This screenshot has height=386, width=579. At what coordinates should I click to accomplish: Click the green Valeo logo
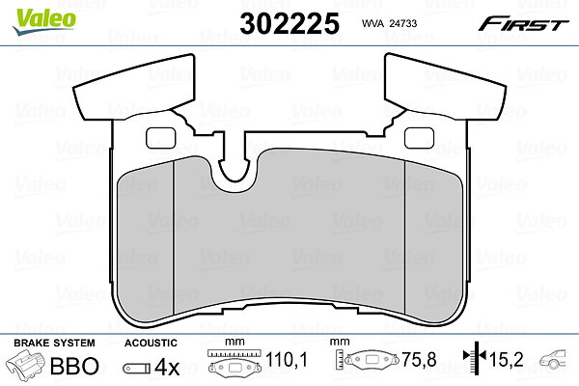pyautogui.click(x=44, y=21)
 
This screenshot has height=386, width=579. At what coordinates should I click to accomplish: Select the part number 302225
pyautogui.click(x=289, y=23)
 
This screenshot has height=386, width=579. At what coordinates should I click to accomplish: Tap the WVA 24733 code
pyautogui.click(x=389, y=23)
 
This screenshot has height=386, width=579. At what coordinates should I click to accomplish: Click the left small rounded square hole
pyautogui.click(x=161, y=138)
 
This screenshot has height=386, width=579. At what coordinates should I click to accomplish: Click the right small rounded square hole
pyautogui.click(x=419, y=138)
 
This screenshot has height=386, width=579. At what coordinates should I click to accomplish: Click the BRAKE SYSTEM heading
pyautogui.click(x=54, y=343)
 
